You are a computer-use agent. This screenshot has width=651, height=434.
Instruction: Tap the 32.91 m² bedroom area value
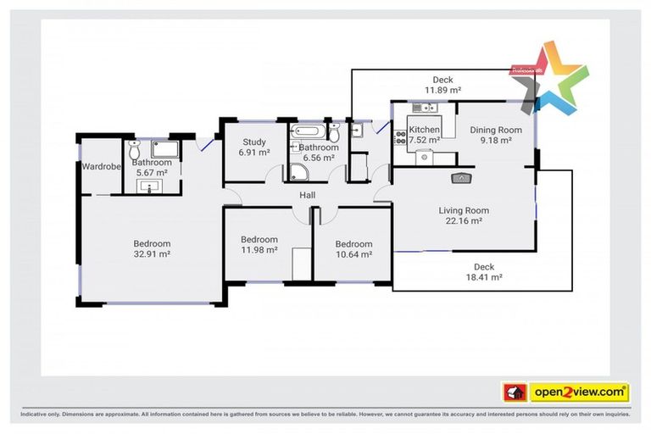[x=152, y=253]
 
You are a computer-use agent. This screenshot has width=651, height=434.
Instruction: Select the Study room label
[x=253, y=142]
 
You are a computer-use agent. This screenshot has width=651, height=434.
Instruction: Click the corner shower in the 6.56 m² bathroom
[x=298, y=173]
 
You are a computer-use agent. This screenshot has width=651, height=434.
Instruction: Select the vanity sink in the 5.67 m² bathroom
[x=153, y=186]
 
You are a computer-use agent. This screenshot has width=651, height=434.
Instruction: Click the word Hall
[x=308, y=196]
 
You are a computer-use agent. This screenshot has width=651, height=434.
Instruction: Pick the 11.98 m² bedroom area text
[x=259, y=250]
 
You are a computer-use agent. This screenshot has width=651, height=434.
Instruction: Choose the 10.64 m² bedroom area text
[x=353, y=254]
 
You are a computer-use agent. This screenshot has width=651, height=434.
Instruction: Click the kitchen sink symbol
[x=421, y=108]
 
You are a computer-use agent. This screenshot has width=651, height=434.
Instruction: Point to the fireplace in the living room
[x=460, y=178]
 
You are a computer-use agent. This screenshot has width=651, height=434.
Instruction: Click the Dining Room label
[x=495, y=130]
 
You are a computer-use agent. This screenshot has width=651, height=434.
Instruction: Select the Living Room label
[x=463, y=210]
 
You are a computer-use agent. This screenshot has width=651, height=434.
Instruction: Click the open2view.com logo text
[x=579, y=392]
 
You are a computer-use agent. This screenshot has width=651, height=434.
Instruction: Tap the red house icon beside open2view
[x=515, y=392]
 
